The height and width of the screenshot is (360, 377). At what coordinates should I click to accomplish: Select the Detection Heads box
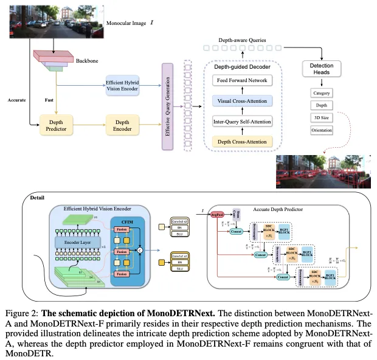[322, 68]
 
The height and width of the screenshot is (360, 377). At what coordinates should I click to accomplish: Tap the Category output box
[322, 93]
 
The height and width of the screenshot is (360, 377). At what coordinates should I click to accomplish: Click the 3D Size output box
[322, 117]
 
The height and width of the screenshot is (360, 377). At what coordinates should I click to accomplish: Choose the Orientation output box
[322, 130]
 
